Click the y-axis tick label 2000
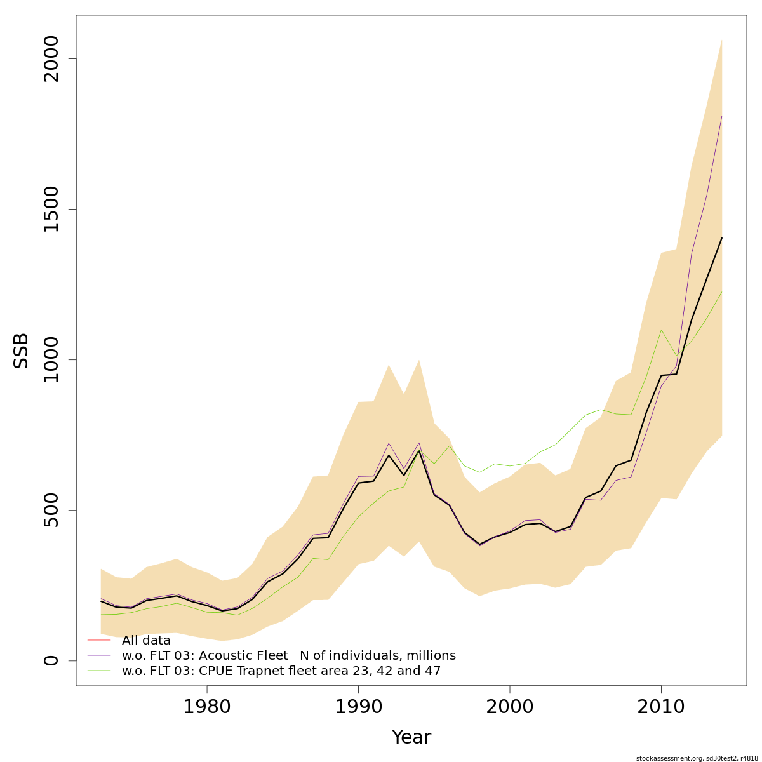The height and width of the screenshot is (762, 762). pos(50,59)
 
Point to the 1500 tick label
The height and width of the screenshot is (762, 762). pos(50,210)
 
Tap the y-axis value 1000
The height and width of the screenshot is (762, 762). pos(50,359)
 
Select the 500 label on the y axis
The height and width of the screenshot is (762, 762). pos(50,510)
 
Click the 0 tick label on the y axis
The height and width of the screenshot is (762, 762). pos(50,660)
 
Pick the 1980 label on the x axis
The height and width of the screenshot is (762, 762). pos(206,707)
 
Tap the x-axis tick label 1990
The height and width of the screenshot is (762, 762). pos(358,707)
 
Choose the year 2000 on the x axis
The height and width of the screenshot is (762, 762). pos(509,707)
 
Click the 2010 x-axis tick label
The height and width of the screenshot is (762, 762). pos(661,707)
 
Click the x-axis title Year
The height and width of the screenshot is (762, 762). pos(411,737)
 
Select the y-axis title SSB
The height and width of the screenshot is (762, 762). pos(22,351)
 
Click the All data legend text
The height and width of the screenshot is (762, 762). pos(146,641)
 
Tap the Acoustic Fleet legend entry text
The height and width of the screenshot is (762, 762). pos(288,656)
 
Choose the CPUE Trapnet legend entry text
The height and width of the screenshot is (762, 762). pos(281,671)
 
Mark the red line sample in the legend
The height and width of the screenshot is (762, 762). pos(99,640)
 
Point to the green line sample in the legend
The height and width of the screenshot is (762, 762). pos(99,671)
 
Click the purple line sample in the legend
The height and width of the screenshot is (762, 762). pos(99,655)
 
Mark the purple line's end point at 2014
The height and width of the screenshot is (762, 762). pos(721,116)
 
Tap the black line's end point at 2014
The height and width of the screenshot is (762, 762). pos(721,238)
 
